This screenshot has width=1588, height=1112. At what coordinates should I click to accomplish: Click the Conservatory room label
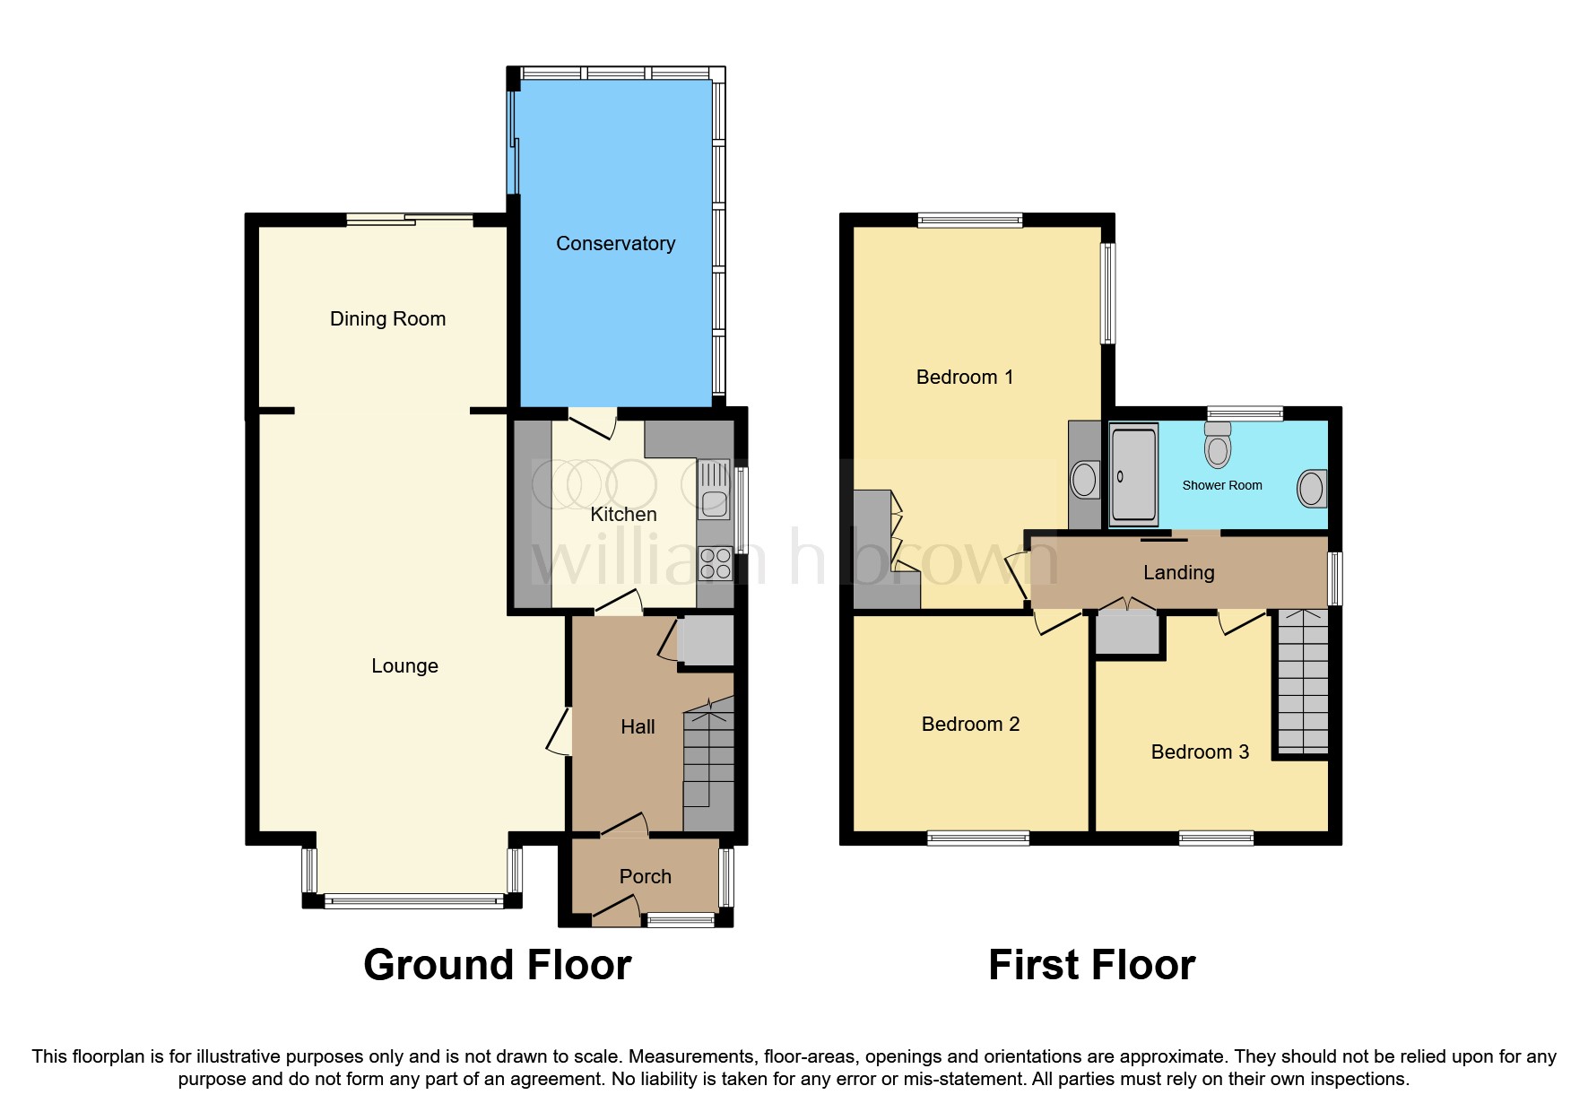coord(615,243)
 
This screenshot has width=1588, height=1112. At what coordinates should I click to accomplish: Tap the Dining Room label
coord(387,318)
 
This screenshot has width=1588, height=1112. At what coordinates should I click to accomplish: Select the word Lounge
coord(404,665)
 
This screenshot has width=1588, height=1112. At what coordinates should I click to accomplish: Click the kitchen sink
coord(714,490)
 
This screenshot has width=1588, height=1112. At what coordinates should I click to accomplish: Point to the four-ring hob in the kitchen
coord(715,563)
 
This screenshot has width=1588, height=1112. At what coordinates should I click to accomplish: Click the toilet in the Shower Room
coord(1218,445)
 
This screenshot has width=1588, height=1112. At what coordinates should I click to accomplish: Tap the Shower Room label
coord(1221,485)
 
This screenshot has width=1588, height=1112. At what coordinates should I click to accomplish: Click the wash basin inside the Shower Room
coord(1311,489)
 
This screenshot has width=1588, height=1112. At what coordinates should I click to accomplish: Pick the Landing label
coord(1178,572)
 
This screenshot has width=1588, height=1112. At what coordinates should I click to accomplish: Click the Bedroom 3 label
coord(1200,751)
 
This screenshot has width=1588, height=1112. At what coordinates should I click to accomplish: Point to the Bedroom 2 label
coord(970,724)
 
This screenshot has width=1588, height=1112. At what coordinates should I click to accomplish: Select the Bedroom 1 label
coord(965,377)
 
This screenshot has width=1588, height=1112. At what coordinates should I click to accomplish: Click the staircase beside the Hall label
coord(708,767)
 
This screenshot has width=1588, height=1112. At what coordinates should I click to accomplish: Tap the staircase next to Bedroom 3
coord(1302,682)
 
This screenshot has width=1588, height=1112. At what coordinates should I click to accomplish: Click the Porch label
coord(645,876)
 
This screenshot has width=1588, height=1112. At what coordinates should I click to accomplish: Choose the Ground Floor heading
coord(497,965)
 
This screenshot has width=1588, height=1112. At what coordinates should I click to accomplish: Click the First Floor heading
coord(1091,965)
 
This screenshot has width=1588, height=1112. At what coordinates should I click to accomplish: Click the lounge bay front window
coord(412,900)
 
